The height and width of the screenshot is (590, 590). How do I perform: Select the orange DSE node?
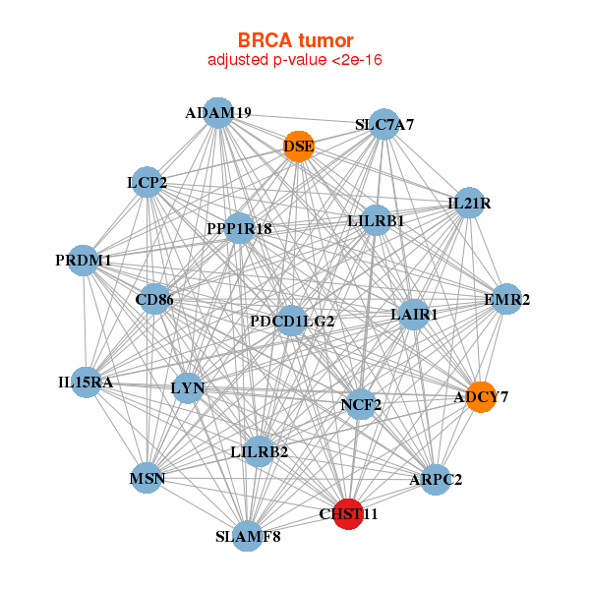(x=298, y=147)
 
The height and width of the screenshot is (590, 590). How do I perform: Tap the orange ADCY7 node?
(x=481, y=397)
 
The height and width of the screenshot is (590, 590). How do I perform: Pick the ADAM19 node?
(x=218, y=113)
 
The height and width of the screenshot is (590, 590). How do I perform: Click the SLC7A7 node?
(x=384, y=125)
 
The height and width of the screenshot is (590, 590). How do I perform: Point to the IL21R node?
(x=469, y=204)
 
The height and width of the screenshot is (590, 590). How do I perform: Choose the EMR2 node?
(x=506, y=299)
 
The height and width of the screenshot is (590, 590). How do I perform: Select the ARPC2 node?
(x=436, y=480)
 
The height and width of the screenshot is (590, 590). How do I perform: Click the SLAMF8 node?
(x=249, y=536)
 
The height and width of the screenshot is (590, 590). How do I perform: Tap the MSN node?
(x=147, y=479)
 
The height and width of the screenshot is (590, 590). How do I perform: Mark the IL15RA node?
(x=86, y=382)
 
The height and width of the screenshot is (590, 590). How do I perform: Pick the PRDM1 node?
(x=84, y=261)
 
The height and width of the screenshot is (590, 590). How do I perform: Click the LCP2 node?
(x=147, y=182)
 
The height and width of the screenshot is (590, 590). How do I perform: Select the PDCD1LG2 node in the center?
(x=292, y=321)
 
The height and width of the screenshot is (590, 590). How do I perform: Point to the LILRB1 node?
(x=376, y=221)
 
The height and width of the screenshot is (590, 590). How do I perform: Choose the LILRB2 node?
(x=259, y=452)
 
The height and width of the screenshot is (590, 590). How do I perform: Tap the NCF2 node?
(x=361, y=403)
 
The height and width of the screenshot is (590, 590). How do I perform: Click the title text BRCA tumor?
(x=295, y=40)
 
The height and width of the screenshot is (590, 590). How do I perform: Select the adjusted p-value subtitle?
(x=295, y=60)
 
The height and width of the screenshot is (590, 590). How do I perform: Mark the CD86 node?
(x=154, y=298)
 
